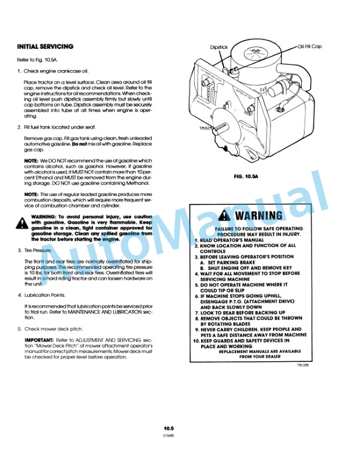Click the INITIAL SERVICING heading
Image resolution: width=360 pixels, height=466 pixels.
point(45,46)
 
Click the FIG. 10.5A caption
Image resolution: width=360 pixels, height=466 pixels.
point(246,176)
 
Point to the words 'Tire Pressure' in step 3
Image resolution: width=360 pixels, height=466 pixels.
point(39,250)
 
